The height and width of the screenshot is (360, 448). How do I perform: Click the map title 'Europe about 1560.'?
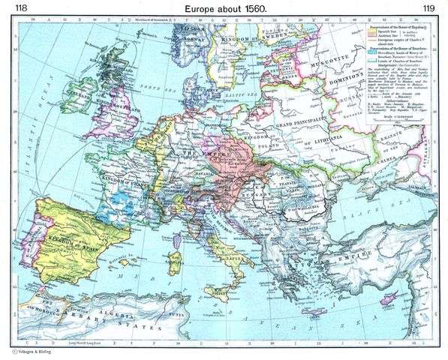click(x=224, y=8)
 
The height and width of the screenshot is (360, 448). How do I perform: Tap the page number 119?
click(x=428, y=8)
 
